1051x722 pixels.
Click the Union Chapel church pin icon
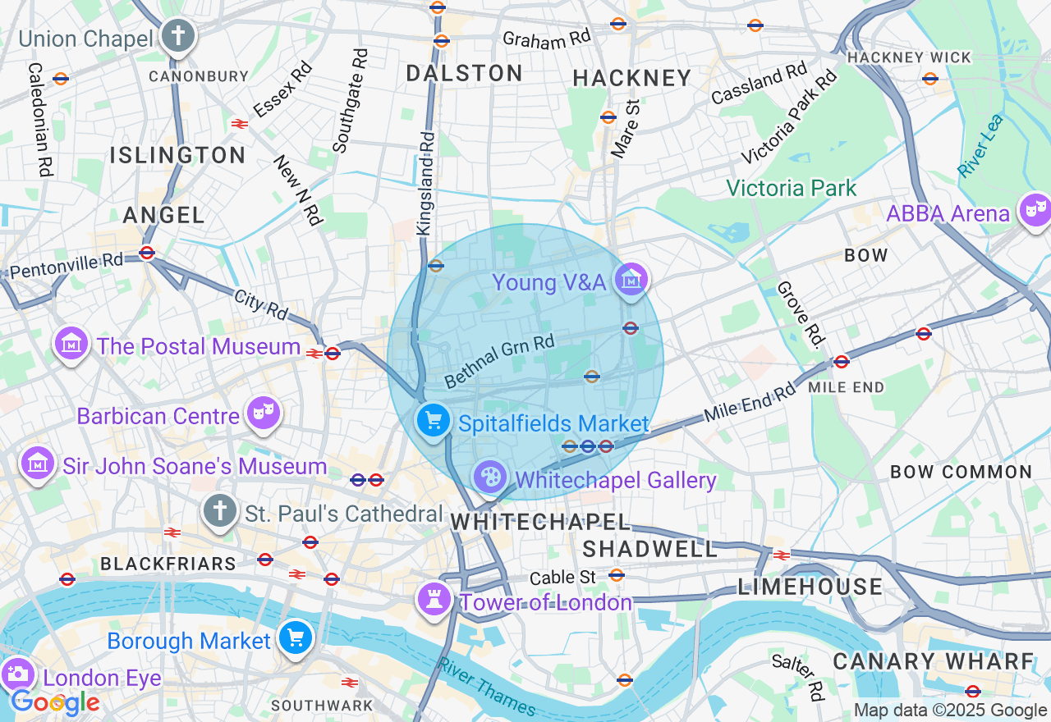[178, 37]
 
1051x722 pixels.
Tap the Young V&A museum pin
[631, 281]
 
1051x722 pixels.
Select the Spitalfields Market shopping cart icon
[433, 422]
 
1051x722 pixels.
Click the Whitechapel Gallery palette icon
[490, 477]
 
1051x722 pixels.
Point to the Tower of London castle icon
[434, 599]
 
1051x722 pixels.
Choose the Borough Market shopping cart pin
[295, 637]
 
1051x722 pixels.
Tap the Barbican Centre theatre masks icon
[263, 414]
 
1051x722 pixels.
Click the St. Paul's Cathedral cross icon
[219, 511]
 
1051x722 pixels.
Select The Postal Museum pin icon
[71, 344]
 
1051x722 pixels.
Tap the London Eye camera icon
[16, 674]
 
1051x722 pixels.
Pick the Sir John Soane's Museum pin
[38, 464]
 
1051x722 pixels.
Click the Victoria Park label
[791, 188]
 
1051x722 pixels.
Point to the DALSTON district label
[465, 73]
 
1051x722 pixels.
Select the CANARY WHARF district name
[934, 661]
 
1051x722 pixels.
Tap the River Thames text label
[487, 688]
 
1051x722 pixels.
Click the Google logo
[55, 702]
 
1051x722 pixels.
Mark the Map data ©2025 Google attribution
[950, 711]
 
